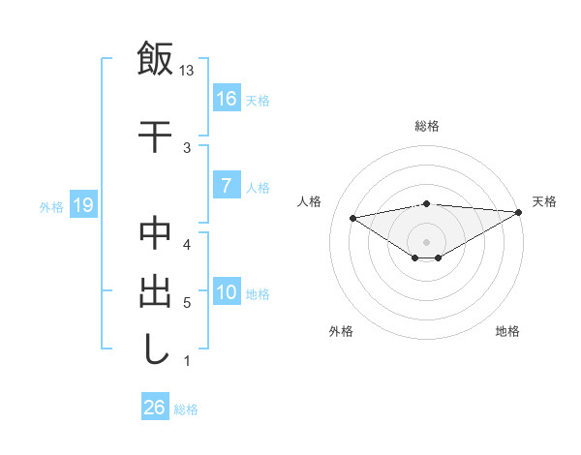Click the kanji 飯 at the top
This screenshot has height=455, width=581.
click(155, 58)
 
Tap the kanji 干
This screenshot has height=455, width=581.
click(155, 135)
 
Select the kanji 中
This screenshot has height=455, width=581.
click(155, 235)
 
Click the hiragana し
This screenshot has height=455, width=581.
click(155, 349)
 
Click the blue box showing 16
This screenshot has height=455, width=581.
click(226, 98)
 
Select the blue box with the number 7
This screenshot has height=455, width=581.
click(226, 186)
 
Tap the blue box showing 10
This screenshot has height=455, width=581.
click(226, 292)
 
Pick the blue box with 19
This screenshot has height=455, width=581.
click(83, 205)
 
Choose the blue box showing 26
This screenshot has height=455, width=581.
click(155, 408)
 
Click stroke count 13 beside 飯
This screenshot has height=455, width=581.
click(187, 71)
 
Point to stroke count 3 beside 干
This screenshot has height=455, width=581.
click(187, 147)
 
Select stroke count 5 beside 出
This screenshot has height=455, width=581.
click(187, 303)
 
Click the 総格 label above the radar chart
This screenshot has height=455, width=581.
click(426, 126)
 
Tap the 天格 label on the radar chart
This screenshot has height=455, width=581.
click(544, 201)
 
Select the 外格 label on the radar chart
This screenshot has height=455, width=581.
click(341, 331)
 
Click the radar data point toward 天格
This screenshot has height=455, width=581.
click(519, 212)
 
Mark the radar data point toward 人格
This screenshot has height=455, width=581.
click(353, 217)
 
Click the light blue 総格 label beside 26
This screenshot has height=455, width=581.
click(186, 409)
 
